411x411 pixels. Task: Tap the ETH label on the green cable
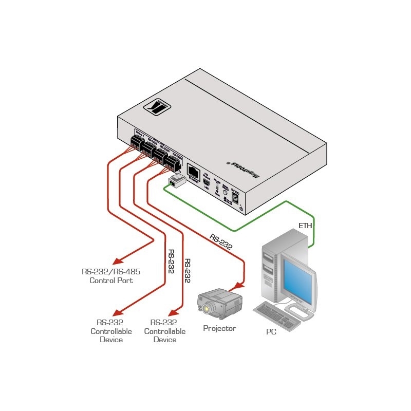pos(305,225)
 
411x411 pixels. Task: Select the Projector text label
pos(219,328)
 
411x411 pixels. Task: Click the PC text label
pos(271,331)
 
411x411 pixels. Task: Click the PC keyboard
pos(277,314)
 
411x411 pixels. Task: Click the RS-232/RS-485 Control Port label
pos(111,276)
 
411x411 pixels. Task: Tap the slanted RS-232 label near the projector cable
pos(221,241)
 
